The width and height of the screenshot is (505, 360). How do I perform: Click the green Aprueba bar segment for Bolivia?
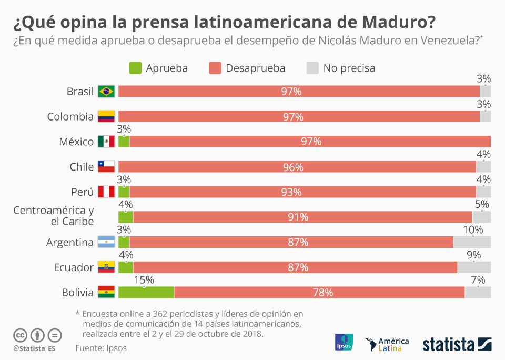pos(146,293)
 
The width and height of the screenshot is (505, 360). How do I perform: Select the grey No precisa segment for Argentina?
pos(472,242)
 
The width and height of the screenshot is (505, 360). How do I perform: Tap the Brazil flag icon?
pos(106,92)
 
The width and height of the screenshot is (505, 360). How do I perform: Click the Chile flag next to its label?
pos(106,167)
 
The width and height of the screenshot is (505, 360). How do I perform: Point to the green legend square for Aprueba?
pos(135,68)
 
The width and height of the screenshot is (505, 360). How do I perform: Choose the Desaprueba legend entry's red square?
pos(215,68)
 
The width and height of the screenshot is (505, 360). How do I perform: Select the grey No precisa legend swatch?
pos(312,68)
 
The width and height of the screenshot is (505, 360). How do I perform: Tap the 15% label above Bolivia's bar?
pos(144,280)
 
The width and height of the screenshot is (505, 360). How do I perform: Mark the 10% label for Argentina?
pos(472,229)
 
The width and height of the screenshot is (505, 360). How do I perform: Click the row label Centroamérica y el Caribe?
pos(53,216)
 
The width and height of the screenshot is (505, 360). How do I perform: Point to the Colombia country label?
pos(70,116)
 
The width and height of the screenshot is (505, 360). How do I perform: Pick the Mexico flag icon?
pos(106,142)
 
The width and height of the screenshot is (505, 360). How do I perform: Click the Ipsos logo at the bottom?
pos(344,343)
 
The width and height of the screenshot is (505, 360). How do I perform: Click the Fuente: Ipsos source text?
pos(101,348)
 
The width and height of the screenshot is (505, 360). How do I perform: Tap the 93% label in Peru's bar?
pos(291,192)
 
